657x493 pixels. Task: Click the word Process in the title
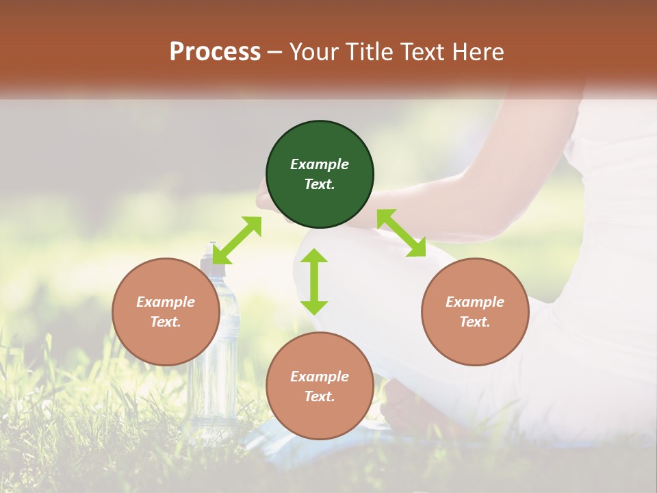(x=215, y=52)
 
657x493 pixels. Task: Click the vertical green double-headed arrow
(x=314, y=281)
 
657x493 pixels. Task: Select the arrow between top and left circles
(x=237, y=240)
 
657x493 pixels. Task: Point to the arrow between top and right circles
(x=401, y=233)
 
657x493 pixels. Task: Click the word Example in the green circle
(x=320, y=164)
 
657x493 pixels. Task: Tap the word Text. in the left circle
(x=166, y=322)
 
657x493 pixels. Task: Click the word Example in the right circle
(x=475, y=302)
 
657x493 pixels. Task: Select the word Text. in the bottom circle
(x=320, y=396)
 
